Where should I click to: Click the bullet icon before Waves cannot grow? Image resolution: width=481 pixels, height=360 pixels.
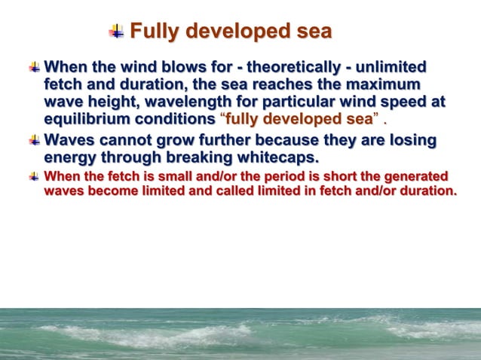click(33, 141)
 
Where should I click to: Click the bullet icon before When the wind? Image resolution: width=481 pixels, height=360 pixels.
click(33, 66)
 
